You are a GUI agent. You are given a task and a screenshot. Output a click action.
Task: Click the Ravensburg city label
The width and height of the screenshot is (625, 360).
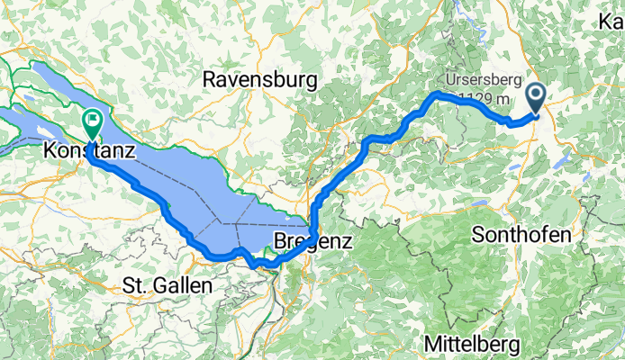260,80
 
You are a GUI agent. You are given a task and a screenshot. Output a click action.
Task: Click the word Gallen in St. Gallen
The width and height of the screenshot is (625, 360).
184,285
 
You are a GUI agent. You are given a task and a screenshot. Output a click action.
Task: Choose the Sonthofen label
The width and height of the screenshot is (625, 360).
521,235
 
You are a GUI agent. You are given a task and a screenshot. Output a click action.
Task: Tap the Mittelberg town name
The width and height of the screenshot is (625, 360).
476,343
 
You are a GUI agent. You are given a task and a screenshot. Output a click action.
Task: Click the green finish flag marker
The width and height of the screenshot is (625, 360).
93,120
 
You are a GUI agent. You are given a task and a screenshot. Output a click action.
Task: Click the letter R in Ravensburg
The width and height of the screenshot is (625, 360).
210,80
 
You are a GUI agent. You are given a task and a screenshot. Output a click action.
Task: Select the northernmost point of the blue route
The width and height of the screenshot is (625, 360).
439,93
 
